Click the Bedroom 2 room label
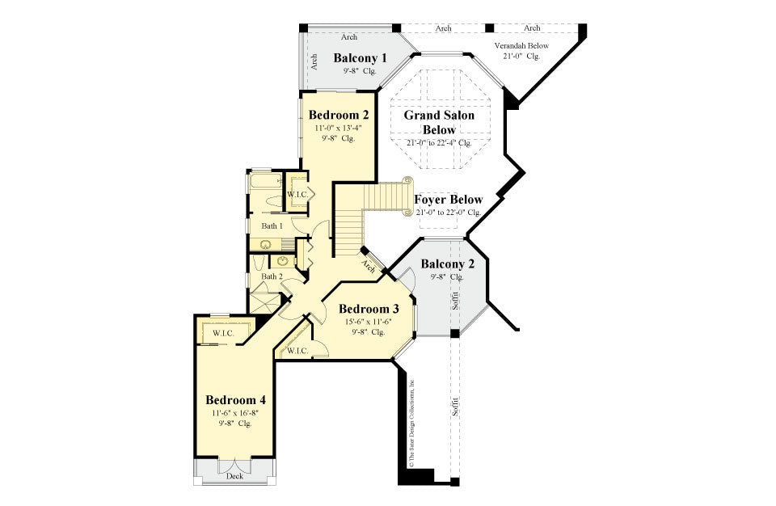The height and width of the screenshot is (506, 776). coord(339,115)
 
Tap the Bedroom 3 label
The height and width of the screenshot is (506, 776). coord(369,309)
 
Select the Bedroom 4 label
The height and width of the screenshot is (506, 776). coord(235,400)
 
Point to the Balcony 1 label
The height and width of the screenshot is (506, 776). coord(360,58)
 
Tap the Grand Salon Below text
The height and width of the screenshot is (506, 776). coord(439,122)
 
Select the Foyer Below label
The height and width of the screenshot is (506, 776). coord(448,200)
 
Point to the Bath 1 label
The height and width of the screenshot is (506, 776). coord(272,226)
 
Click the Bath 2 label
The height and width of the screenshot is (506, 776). coord(272,276)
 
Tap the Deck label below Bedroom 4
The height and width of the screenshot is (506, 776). coord(234,476)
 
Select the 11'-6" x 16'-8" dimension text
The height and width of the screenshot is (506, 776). coord(235,413)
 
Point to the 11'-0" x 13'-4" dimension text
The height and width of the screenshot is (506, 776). coord(338,128)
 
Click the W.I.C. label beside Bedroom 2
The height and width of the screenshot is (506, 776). coord(297,196)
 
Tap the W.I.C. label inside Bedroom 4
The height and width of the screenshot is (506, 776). coord(224,333)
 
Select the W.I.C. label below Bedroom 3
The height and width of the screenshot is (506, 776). coord(297,350)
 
